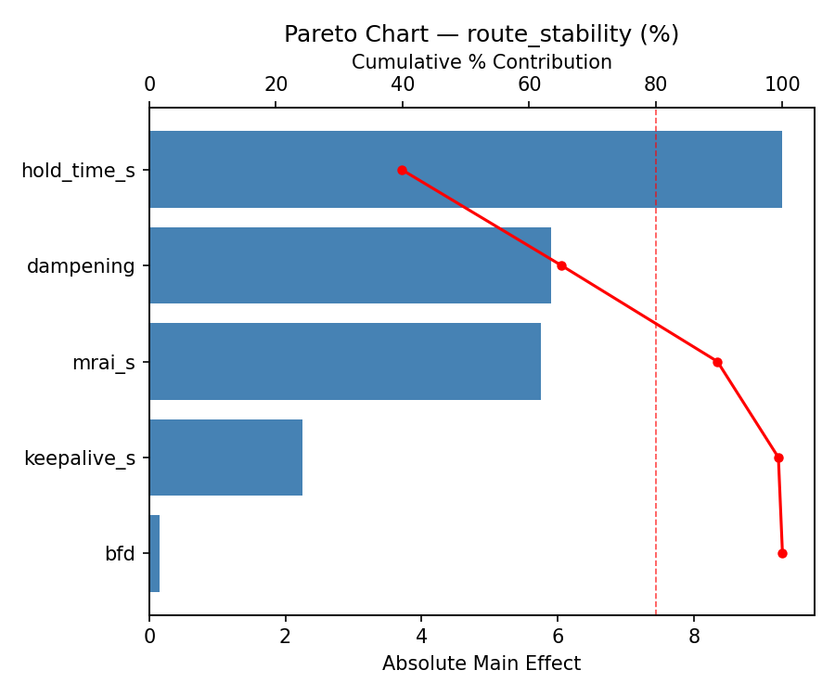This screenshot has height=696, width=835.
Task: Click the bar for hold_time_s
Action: [465, 170]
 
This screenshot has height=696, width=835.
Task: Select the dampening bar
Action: [350, 265]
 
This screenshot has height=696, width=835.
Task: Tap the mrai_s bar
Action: [344, 362]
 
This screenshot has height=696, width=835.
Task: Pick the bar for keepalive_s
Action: [225, 458]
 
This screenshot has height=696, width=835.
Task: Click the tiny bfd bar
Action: [154, 554]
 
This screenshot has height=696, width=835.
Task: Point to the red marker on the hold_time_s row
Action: [402, 170]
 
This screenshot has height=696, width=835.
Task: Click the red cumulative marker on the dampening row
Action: [561, 265]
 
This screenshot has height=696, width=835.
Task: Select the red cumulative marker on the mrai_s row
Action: [717, 362]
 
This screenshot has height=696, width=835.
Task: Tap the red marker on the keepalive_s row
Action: [778, 458]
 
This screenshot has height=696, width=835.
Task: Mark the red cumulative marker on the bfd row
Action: [782, 553]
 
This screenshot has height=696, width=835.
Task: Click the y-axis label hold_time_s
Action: [78, 171]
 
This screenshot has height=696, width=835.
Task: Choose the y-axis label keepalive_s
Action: [79, 458]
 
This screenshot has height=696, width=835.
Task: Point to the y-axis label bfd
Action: [120, 555]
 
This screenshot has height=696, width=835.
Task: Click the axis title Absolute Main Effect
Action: [482, 664]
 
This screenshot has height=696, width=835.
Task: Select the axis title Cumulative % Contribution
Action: [482, 62]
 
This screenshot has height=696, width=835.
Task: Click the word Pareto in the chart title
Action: [315, 34]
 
